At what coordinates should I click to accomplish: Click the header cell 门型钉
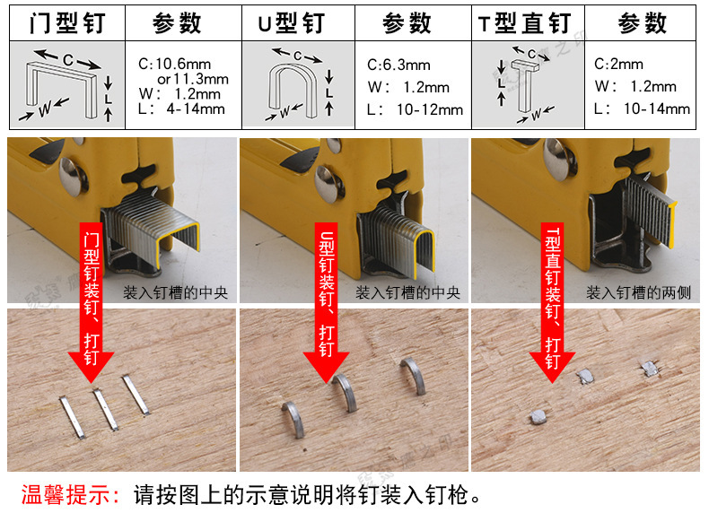[67, 23]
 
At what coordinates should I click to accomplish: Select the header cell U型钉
[292, 23]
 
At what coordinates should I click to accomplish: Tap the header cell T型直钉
[524, 23]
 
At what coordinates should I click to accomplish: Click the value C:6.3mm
[398, 65]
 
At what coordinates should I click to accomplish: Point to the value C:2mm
[618, 65]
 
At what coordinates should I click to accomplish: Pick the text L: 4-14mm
[182, 109]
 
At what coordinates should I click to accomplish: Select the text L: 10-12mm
[416, 109]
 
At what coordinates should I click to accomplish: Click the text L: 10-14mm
[642, 109]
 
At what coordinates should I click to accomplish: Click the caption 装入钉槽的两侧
[638, 292]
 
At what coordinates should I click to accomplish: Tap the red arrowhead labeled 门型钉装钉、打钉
[91, 367]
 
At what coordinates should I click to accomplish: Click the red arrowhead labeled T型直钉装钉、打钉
[552, 367]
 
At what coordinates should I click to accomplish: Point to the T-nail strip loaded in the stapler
[650, 210]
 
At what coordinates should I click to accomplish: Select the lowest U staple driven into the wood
[294, 419]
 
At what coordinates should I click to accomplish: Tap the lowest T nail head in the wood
[538, 417]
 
